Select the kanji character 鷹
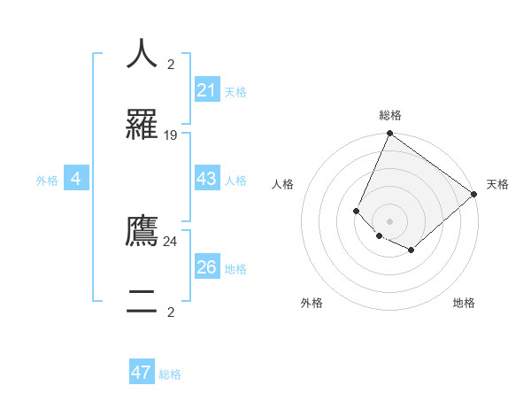tap(142, 231)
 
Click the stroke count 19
tap(171, 135)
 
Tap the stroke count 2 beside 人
tap(171, 65)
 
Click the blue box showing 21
tap(207, 90)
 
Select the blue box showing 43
tap(207, 180)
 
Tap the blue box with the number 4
tap(76, 180)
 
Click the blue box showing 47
tap(142, 374)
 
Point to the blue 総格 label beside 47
tap(170, 374)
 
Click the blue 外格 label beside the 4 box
tap(47, 181)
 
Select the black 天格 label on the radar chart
tap(497, 184)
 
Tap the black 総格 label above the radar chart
tap(390, 115)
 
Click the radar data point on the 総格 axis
tap(389, 134)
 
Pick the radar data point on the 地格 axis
tap(412, 250)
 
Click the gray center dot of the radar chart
tap(389, 220)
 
